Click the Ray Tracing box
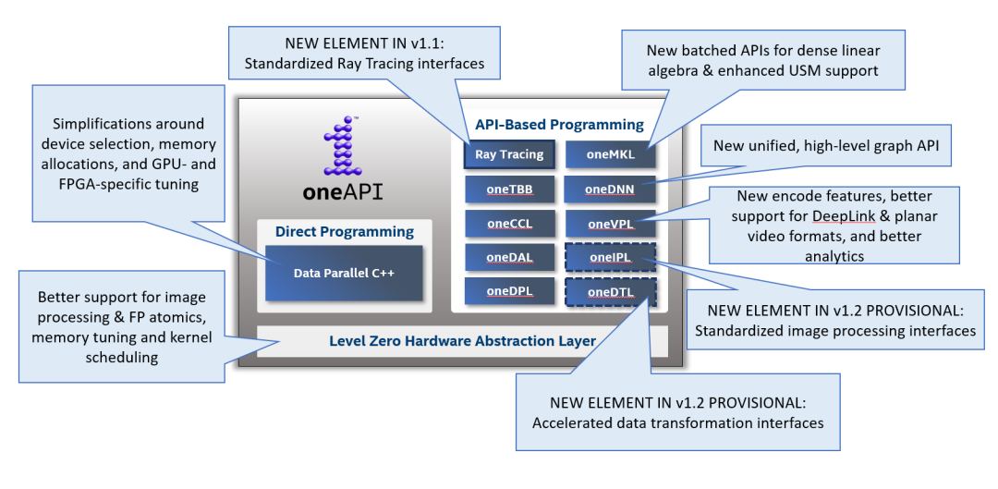tap(509, 155)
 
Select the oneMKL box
tap(609, 155)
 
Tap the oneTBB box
tap(509, 189)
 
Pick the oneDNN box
tap(609, 189)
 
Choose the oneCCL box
tap(509, 224)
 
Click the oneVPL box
tap(609, 224)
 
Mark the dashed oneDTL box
tap(609, 293)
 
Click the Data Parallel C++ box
tap(344, 273)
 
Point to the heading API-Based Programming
tap(559, 124)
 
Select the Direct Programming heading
tap(344, 231)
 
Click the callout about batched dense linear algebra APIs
tap(762, 59)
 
